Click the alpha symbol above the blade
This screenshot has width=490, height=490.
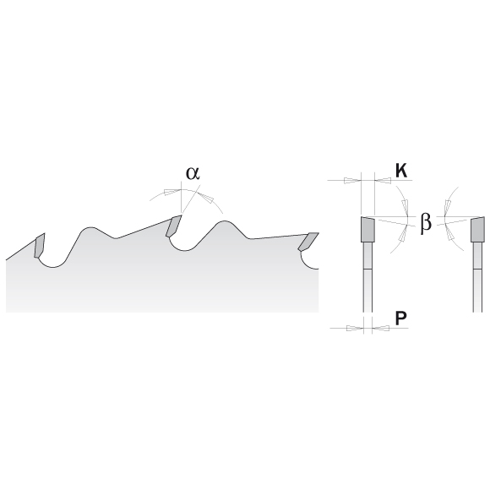(193, 173)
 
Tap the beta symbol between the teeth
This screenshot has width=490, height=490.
(426, 222)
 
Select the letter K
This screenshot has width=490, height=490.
(401, 171)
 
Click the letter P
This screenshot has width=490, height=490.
(400, 318)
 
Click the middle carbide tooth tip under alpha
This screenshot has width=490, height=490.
(174, 226)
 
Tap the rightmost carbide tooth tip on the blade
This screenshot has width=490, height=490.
(308, 242)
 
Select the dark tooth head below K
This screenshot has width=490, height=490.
(367, 230)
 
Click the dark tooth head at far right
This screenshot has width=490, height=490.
(478, 230)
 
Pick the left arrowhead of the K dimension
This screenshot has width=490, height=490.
(352, 181)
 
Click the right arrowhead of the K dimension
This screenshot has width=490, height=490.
(383, 181)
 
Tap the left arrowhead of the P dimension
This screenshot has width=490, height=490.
(356, 328)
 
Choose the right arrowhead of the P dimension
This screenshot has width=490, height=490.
(381, 328)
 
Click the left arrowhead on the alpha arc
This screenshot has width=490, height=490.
(172, 192)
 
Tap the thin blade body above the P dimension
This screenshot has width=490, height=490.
(368, 291)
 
